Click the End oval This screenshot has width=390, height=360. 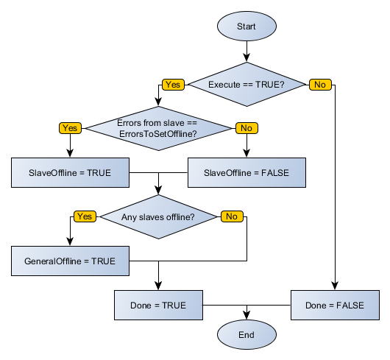tap(247, 335)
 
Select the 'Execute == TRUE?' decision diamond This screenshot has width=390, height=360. tap(247, 85)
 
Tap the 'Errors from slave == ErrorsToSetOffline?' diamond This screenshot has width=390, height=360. tap(158, 128)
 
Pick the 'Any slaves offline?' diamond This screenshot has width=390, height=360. tap(158, 216)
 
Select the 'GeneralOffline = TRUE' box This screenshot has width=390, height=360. tap(70, 261)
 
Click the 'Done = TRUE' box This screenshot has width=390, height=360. tap(158, 305)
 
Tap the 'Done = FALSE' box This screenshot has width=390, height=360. tap(336, 305)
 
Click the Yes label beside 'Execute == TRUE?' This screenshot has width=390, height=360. tap(173, 85)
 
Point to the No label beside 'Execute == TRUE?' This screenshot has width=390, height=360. tap(319, 85)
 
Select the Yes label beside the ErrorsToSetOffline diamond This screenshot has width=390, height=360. tap(70, 128)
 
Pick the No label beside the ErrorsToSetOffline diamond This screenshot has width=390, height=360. tap(246, 128)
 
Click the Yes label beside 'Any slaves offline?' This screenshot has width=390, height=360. tap(85, 216)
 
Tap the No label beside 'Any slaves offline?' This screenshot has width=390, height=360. tap(231, 216)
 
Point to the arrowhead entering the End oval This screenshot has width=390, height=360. tap(247, 316)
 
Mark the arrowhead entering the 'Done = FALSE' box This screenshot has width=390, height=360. tap(336, 286)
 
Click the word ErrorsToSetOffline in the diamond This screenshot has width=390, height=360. tap(158, 134)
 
